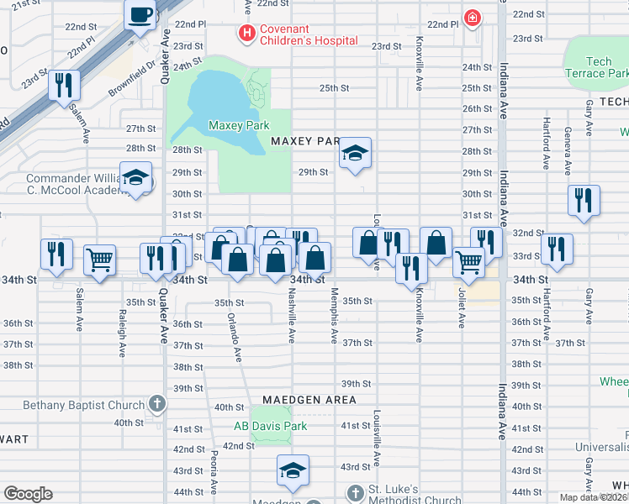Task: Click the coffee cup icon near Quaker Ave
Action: coord(140,14)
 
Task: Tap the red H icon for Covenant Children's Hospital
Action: coord(246,34)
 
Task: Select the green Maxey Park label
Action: coord(239,125)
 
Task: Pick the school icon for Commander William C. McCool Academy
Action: coord(135,178)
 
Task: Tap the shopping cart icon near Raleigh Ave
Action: coord(100,260)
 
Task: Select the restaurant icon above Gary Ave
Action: coord(584,201)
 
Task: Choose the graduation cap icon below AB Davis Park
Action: coord(293,471)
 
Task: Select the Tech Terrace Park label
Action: coord(598,67)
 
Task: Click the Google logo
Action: coord(28,494)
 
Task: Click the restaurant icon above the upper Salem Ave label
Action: coord(64,86)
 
